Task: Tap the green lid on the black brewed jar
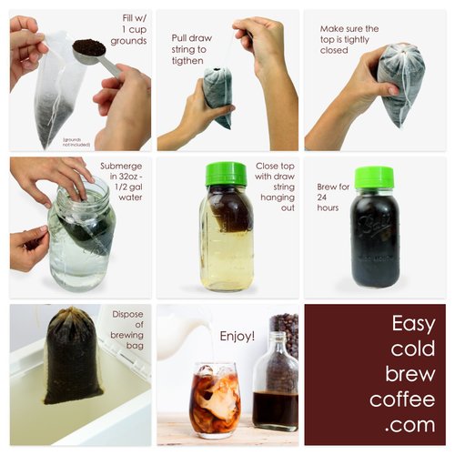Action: [374, 177]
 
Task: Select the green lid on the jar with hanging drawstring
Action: [227, 174]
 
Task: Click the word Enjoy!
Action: [238, 336]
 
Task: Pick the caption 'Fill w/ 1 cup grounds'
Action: [128, 29]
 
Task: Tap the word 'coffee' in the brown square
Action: [401, 399]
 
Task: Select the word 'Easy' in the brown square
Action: [414, 324]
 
